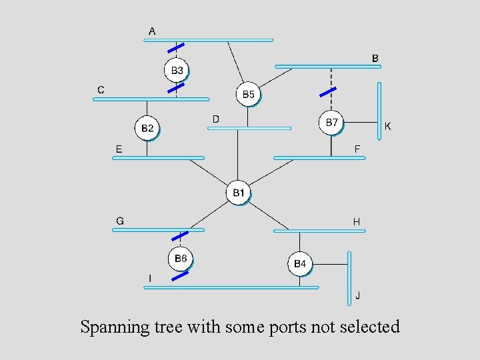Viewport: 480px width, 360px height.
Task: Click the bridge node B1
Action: click(x=238, y=193)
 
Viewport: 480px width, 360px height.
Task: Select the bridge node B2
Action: click(x=147, y=128)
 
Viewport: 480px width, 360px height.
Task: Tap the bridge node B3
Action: click(x=177, y=70)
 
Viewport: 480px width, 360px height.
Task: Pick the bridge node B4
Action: click(x=300, y=264)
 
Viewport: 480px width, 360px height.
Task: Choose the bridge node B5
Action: click(x=248, y=95)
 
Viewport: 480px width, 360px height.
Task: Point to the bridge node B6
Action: click(x=180, y=258)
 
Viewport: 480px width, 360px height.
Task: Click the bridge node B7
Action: click(x=331, y=123)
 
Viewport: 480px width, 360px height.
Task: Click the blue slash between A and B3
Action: click(x=176, y=48)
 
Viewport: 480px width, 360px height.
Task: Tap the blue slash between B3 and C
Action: click(x=176, y=87)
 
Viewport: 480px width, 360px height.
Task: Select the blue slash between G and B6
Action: click(x=180, y=235)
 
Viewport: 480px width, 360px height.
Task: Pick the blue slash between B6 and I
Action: click(x=180, y=275)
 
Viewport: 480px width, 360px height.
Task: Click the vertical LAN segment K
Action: click(x=379, y=111)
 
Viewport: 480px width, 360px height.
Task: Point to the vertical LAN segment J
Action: click(x=349, y=278)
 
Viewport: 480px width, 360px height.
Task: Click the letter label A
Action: click(x=153, y=31)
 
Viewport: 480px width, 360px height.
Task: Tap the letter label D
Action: click(x=215, y=119)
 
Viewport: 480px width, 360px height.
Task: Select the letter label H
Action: click(x=357, y=221)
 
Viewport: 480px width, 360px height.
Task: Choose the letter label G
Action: click(x=119, y=220)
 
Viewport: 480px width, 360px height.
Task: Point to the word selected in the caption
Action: click(x=369, y=327)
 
